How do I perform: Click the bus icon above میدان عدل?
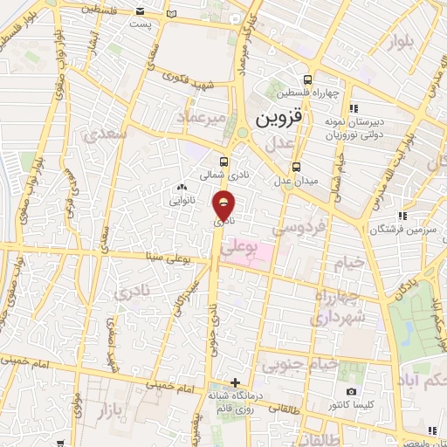[297, 167]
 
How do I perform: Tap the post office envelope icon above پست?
[140, 12]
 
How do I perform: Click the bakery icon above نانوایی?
[182, 187]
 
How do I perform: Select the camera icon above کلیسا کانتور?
[351, 392]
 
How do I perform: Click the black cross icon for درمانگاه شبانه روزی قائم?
[234, 382]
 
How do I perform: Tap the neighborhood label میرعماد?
[202, 116]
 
